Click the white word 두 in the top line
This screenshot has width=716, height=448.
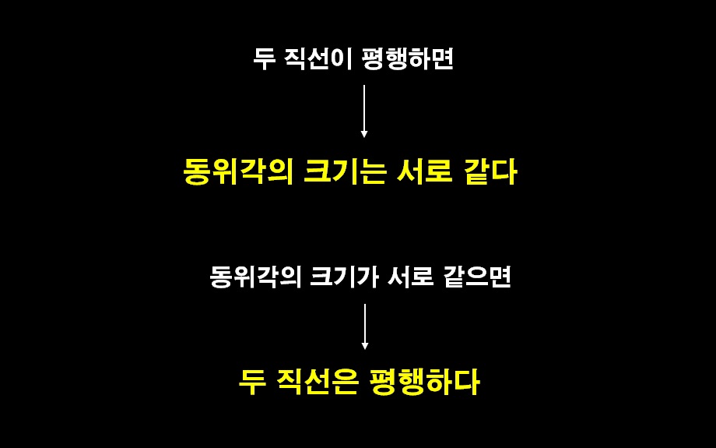click(x=264, y=59)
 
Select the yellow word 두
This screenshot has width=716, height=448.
click(x=251, y=382)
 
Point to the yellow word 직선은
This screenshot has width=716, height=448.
click(x=319, y=382)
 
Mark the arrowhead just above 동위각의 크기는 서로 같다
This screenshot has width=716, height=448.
click(x=364, y=134)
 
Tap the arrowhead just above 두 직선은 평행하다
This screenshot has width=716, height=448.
click(x=364, y=346)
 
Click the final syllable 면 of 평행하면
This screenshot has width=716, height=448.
click(x=442, y=59)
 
